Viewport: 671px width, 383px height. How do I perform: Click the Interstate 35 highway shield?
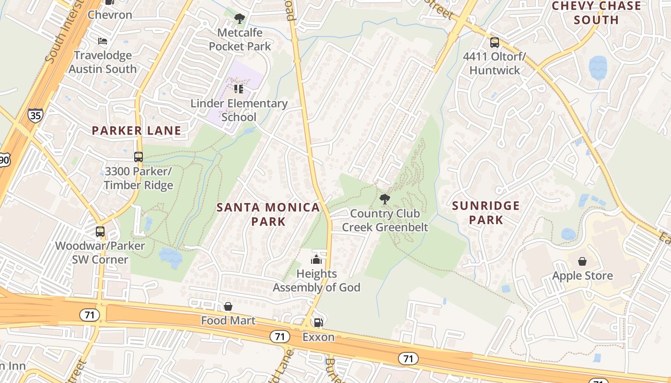[x=35, y=115]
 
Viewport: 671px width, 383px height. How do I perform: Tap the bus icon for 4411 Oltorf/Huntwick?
[x=495, y=43]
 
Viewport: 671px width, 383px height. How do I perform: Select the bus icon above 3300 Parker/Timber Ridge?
[x=139, y=157]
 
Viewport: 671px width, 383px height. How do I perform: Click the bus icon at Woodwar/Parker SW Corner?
[x=100, y=232]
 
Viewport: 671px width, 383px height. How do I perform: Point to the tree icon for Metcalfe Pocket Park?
[x=239, y=19]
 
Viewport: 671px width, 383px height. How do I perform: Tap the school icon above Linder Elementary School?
[x=239, y=89]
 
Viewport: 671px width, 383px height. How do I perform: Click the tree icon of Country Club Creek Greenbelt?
[x=384, y=199]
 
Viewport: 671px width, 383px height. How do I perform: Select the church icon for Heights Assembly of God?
[x=316, y=260]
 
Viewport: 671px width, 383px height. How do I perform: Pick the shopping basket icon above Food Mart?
[x=228, y=306]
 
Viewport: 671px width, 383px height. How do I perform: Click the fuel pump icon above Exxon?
[x=318, y=323]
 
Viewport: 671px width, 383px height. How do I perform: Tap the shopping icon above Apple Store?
[x=582, y=261]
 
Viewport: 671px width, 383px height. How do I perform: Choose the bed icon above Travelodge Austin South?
[x=103, y=41]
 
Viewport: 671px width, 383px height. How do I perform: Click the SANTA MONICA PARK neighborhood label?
[x=268, y=214]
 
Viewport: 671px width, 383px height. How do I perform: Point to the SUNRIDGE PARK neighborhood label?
[x=486, y=213]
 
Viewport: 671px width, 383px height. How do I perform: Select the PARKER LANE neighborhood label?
[x=137, y=130]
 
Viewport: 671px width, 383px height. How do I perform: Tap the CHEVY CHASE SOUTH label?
[x=596, y=13]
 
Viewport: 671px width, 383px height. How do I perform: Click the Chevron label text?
[x=110, y=15]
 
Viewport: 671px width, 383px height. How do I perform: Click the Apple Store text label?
[x=582, y=276]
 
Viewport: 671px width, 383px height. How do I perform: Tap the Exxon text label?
[x=318, y=337]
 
